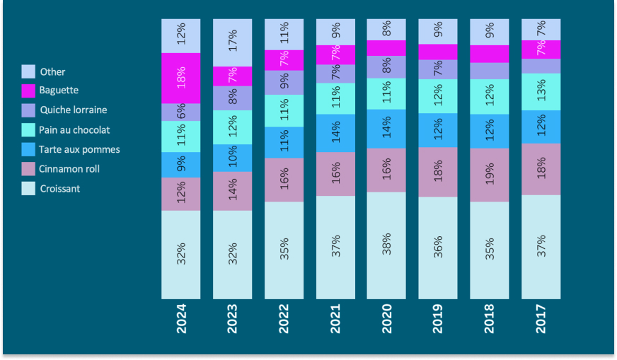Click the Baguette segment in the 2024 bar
(180, 78)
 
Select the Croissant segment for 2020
(386, 245)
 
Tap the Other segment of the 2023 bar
(232, 42)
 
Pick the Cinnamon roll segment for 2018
(489, 175)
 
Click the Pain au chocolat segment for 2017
(541, 91)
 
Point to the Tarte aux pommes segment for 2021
(335, 133)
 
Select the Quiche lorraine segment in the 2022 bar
(284, 82)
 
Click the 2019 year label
(438, 320)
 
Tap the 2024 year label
(181, 320)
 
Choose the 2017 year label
(541, 320)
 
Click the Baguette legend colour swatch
(28, 91)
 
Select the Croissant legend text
(60, 189)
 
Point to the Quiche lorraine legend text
(74, 110)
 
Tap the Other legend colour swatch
(28, 71)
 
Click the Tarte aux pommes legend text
(80, 149)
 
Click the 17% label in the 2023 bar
(232, 42)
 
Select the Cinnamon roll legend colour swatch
(28, 169)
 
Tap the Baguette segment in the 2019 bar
(437, 52)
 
